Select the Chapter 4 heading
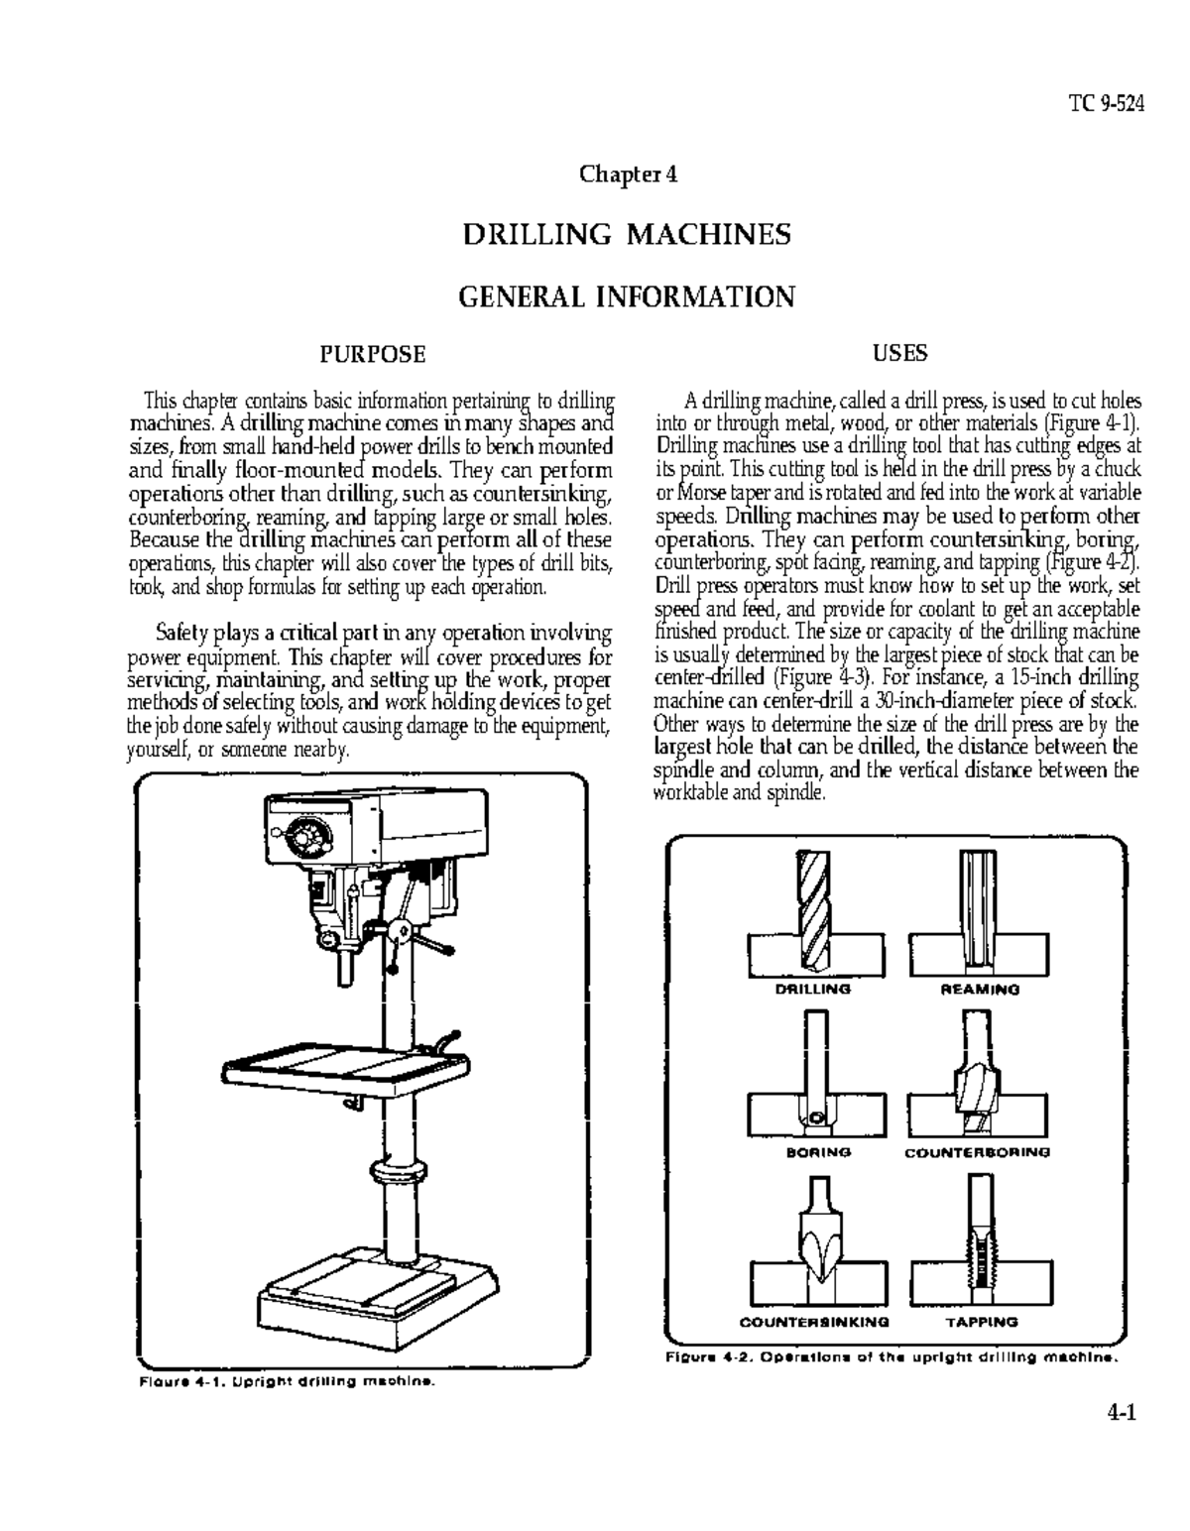click(628, 175)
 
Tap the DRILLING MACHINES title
click(627, 235)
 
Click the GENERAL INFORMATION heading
click(627, 296)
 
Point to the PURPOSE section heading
click(372, 353)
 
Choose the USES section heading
click(899, 352)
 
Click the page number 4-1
click(1122, 1412)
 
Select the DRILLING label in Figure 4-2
click(812, 989)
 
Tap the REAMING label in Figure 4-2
click(979, 989)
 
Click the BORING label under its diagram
click(818, 1152)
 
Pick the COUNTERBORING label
click(977, 1152)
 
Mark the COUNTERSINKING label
click(814, 1322)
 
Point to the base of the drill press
click(377, 1299)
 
